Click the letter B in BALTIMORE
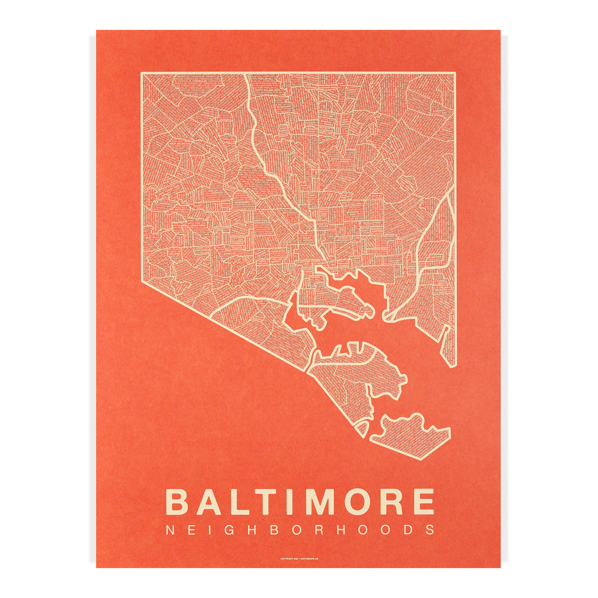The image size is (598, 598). (x=177, y=501)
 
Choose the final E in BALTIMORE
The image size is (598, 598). (x=423, y=501)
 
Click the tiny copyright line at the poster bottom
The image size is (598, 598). (x=299, y=559)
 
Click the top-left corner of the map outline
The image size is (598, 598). (x=142, y=74)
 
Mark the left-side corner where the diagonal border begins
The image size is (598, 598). (x=142, y=281)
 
